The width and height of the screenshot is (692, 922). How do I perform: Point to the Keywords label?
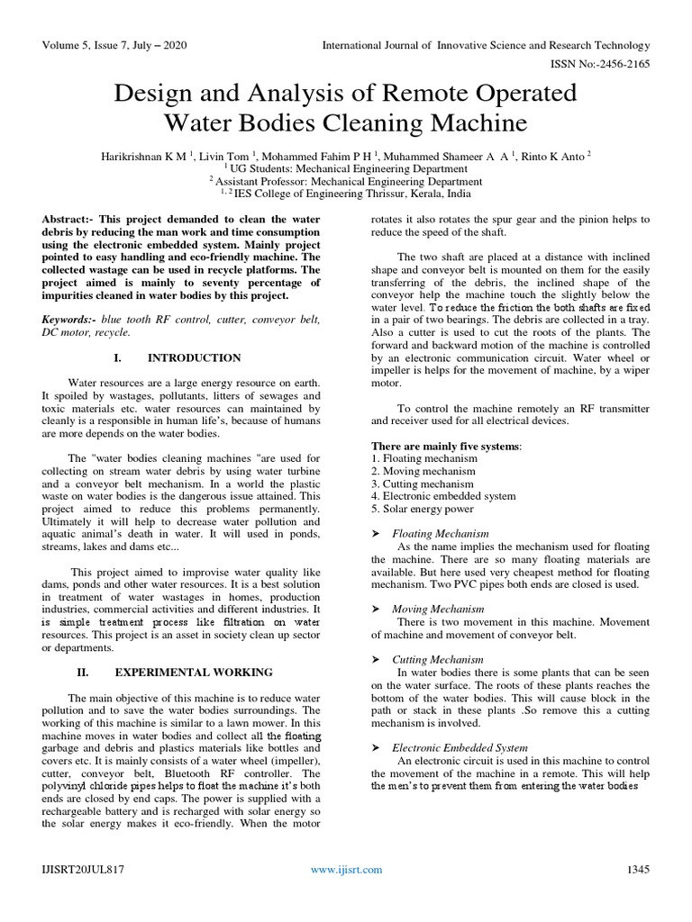(x=73, y=320)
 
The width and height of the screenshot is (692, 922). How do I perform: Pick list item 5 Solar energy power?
(x=419, y=509)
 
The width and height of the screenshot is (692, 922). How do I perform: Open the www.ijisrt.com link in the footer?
(x=346, y=869)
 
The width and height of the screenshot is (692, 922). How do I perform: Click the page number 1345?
(x=638, y=869)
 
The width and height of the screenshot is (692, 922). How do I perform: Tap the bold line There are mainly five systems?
(x=445, y=446)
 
